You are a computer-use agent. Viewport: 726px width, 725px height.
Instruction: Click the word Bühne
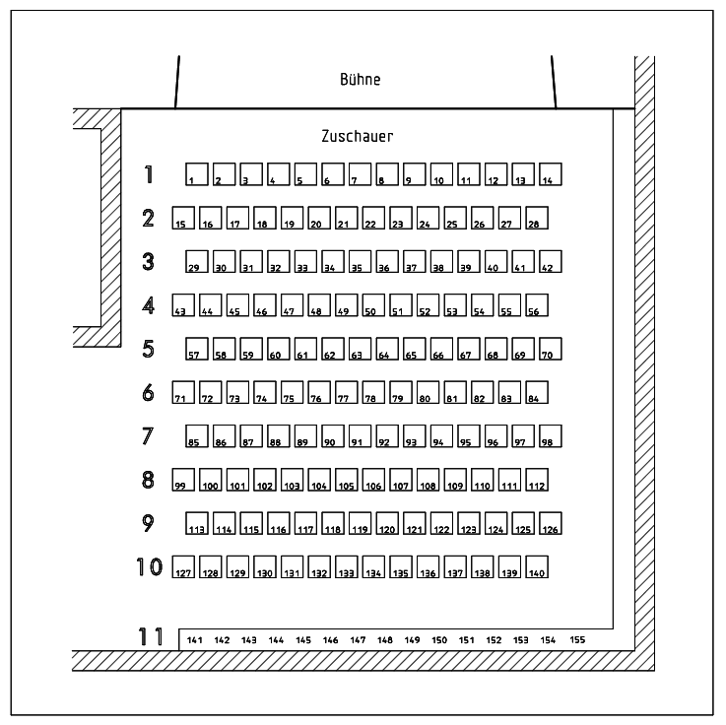360,80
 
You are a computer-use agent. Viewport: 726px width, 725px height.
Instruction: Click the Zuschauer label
358,136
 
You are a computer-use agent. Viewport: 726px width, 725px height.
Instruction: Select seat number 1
197,174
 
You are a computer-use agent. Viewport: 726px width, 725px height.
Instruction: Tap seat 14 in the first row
551,174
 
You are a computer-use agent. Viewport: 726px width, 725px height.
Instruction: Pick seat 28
537,219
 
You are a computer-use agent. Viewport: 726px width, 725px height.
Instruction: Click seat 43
183,305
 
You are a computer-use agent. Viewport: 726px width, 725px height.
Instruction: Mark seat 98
551,436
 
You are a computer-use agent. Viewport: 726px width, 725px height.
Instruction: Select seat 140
537,567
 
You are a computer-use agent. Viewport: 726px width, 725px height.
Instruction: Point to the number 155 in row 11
577,640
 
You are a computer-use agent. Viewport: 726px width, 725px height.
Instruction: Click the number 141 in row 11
195,640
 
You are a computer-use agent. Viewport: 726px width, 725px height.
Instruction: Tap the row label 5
149,349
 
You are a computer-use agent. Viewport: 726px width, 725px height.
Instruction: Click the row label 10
149,567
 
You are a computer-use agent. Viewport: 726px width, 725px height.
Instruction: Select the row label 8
149,480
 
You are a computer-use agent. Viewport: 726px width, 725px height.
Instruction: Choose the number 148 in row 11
385,640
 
